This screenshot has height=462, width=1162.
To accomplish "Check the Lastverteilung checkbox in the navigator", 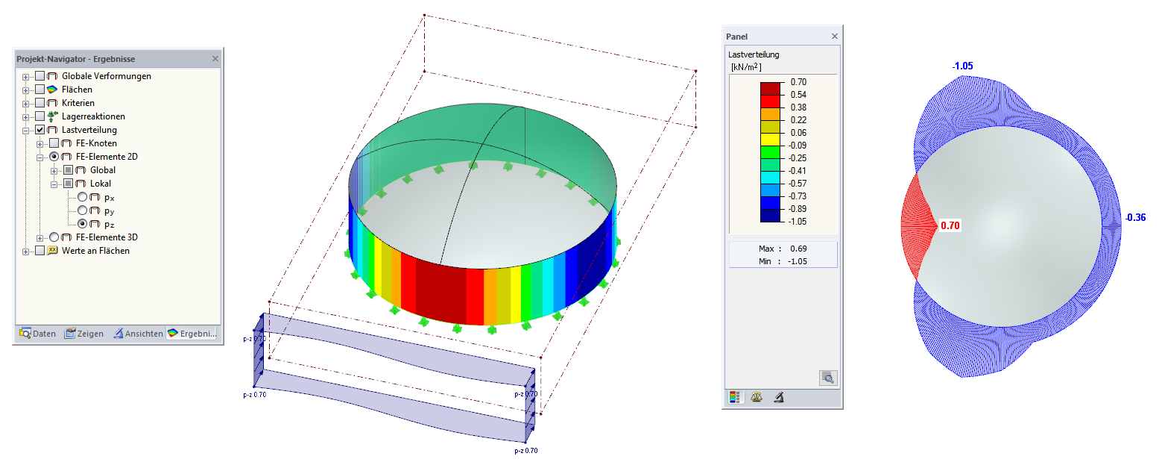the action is point(40,130).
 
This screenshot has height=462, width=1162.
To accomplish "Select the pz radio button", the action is point(83,224).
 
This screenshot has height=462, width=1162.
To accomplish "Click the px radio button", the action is point(83,197).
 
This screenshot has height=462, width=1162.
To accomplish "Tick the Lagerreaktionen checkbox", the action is point(40,116).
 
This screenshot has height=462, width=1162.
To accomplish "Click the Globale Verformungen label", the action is point(107,76).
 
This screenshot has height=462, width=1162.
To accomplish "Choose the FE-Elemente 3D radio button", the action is point(54,237).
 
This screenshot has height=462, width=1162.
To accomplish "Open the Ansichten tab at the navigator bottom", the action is point(139,334).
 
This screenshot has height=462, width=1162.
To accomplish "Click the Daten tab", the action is point(37,334).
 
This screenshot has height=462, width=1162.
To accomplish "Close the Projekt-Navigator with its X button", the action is point(215,59).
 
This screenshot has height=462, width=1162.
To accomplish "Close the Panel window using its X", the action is point(835,37).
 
